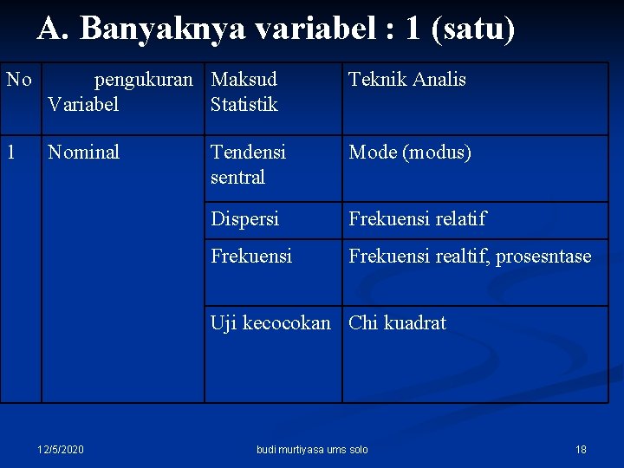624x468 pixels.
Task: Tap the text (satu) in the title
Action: pos(478,29)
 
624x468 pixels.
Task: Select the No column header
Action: pos(19,80)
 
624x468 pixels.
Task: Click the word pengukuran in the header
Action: pos(143,80)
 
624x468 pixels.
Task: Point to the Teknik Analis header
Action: pos(406,80)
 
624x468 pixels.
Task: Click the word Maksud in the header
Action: pos(244,80)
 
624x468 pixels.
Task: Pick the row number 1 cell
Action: pos(10,153)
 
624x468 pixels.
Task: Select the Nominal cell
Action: pos(83,153)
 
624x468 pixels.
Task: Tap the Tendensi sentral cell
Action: pos(248,165)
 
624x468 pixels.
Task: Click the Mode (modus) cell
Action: pos(410,153)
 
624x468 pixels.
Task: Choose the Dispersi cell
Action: pos(244,219)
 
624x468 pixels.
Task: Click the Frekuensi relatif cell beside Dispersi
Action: pos(417,219)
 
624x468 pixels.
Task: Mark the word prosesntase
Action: pos(543,257)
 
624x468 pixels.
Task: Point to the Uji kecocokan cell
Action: pos(270,323)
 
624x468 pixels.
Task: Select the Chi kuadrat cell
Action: pos(397,323)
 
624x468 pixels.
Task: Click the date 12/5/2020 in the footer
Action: pos(61,449)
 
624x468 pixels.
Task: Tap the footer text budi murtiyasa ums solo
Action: pos(312,449)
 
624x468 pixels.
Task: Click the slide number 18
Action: pos(581,449)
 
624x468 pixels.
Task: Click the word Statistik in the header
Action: pos(244,105)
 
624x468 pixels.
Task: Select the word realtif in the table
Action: pos(460,257)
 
